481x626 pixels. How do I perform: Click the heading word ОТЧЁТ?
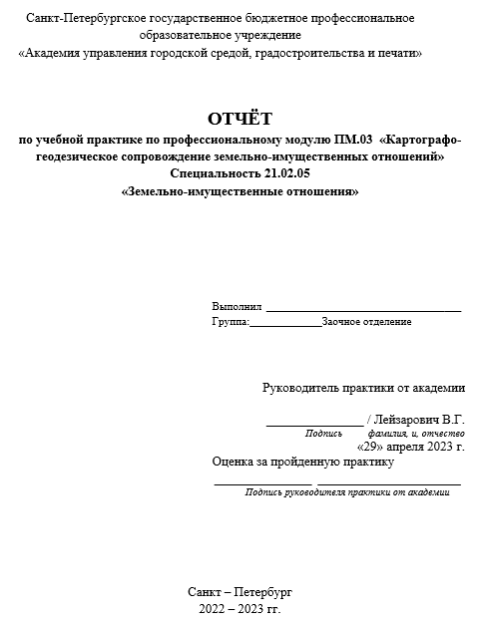click(x=240, y=120)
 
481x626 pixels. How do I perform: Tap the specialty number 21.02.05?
click(x=286, y=173)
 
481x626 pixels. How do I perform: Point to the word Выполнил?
click(x=237, y=306)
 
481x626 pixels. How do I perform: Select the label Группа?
click(x=231, y=322)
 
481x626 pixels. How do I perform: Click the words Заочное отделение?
click(x=366, y=322)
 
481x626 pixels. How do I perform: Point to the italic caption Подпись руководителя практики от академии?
click(x=346, y=492)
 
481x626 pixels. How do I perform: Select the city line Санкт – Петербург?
click(x=240, y=591)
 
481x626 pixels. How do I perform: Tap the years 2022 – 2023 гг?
click(x=240, y=607)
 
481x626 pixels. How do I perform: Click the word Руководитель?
click(x=298, y=388)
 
